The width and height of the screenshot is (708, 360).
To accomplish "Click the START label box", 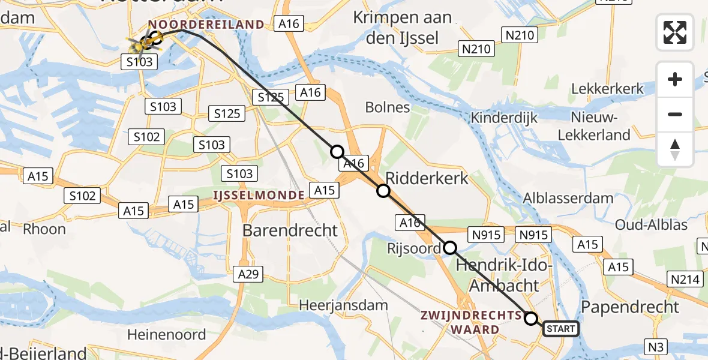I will (561, 328).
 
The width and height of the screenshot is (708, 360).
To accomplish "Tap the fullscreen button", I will (675, 32).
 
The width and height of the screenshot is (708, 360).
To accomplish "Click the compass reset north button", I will (675, 149).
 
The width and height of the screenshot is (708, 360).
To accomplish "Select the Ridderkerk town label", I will (427, 178).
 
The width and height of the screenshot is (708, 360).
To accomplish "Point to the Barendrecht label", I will (290, 230).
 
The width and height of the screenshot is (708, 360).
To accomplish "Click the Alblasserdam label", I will (568, 198).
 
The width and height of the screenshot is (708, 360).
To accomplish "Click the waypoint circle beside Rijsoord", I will (450, 247).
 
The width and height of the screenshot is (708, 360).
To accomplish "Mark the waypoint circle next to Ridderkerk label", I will (383, 191).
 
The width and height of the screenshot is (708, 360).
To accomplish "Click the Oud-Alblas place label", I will (652, 225).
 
